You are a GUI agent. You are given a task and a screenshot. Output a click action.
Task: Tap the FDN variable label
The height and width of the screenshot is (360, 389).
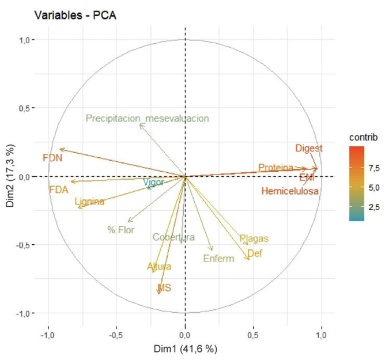[52, 157]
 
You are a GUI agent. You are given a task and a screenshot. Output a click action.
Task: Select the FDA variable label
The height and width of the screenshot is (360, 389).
[59, 189]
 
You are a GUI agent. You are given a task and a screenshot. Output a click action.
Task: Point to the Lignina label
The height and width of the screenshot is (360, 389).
[89, 202]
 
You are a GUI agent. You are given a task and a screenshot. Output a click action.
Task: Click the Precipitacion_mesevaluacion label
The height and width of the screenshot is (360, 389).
[147, 119]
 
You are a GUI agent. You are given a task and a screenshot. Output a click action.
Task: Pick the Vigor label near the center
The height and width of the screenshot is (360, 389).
[154, 182]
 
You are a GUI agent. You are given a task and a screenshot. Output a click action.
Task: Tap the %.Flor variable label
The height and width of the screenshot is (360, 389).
[120, 230]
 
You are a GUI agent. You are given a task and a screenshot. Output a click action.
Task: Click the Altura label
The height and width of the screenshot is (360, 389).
[159, 267]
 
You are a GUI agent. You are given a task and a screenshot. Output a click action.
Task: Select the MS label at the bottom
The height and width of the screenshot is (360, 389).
[165, 287]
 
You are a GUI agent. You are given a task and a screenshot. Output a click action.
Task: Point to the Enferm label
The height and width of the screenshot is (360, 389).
[219, 259]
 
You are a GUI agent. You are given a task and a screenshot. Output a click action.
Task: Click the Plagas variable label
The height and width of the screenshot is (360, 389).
[254, 238]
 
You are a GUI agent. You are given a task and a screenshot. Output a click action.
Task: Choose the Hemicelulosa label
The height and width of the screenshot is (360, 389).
[290, 191]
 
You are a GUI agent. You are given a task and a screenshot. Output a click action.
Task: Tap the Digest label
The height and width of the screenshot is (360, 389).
[309, 149]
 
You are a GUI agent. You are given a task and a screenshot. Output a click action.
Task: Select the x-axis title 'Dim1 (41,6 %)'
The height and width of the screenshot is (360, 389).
[184, 348]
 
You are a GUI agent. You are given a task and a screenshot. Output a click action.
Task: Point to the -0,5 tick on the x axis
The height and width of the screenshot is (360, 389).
[116, 334]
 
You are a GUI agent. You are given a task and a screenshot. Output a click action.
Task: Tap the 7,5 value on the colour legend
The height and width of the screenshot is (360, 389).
[374, 168]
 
